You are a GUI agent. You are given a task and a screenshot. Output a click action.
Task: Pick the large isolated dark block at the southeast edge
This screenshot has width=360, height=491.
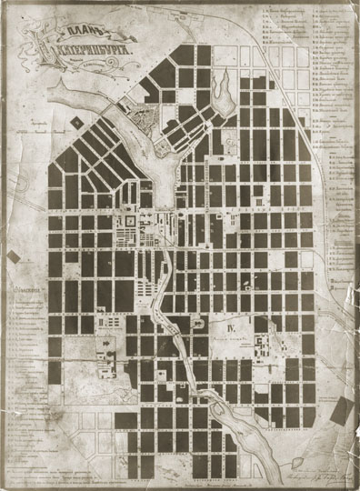pos(345,415)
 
